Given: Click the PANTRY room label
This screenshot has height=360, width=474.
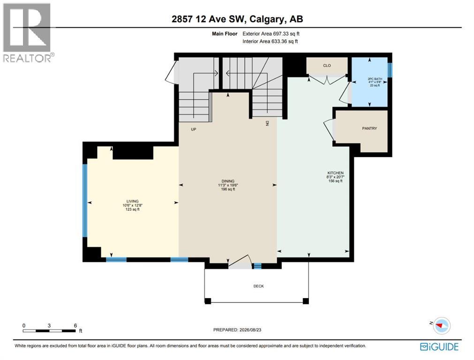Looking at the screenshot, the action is pos(369,128).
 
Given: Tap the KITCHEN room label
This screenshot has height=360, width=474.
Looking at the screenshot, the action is pos(335,173).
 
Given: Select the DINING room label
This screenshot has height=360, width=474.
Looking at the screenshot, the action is pos(228,181).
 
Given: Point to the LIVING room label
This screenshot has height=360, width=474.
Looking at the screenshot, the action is pos(132,201).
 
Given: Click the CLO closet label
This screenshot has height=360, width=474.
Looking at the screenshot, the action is pos(327,66).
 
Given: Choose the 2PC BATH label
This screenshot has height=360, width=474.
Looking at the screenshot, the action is pos(375,79).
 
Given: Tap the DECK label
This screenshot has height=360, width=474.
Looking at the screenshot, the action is pos(258,286).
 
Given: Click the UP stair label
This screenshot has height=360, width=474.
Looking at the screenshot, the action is pos(194,129).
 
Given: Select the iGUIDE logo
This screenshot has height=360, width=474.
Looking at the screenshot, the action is pos(439,346).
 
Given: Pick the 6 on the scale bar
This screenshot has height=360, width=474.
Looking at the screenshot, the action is pos(75,325).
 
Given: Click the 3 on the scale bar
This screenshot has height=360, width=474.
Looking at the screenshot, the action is pos(49,325).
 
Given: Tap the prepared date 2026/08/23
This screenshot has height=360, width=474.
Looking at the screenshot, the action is pos(250,330).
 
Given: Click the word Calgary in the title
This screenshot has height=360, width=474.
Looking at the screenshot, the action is pos(267,19).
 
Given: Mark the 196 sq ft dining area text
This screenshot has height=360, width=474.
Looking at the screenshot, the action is pos(228,189).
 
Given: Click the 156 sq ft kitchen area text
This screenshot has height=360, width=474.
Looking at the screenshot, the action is pos(335,181).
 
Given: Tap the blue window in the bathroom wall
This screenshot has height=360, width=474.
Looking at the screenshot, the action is pos(390,70).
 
